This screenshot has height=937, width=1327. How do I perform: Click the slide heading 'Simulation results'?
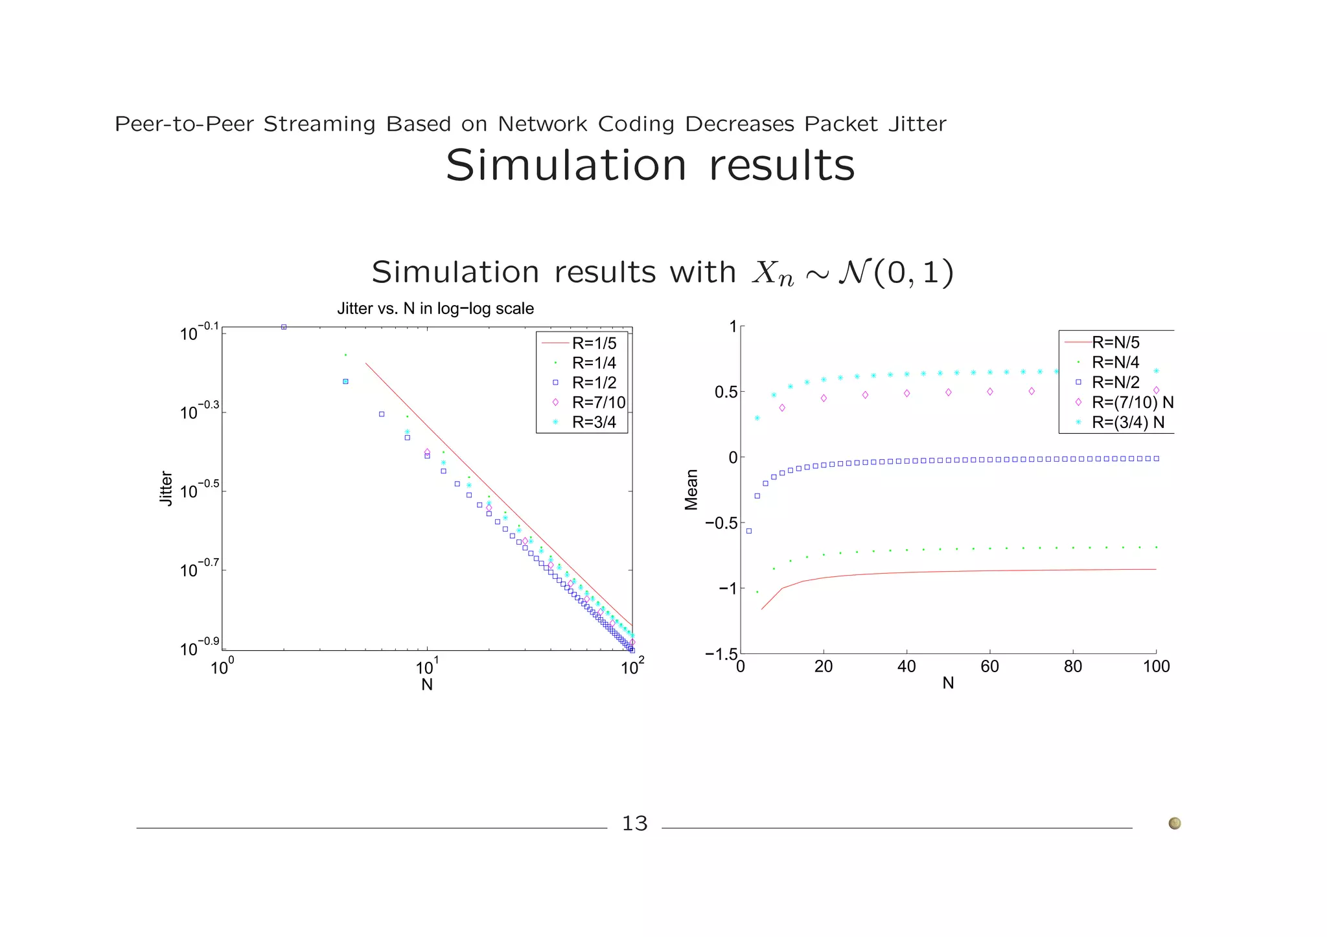point(650,166)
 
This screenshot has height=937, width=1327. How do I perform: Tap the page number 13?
point(634,824)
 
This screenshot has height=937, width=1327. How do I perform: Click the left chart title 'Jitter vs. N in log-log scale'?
point(435,309)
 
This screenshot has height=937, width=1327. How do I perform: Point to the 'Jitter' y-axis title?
point(167,488)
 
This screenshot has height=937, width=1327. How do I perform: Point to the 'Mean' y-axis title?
point(691,490)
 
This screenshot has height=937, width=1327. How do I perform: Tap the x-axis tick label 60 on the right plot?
point(989,666)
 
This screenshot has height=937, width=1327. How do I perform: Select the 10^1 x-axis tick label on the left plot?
point(427,666)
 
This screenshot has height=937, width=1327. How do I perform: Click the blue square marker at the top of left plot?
point(284,327)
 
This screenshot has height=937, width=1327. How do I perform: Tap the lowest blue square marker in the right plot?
point(749,531)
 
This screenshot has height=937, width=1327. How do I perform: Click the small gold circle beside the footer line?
point(1174,824)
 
